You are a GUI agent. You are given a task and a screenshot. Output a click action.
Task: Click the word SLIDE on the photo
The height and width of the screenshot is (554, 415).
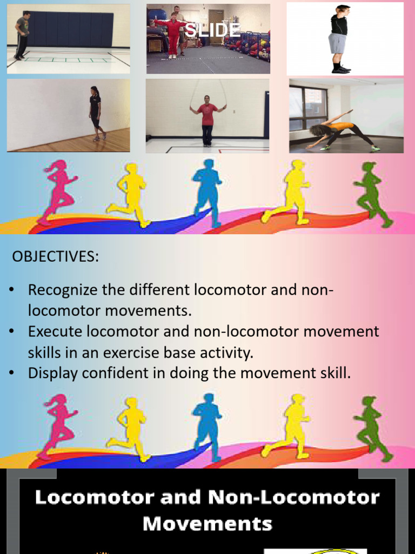212,30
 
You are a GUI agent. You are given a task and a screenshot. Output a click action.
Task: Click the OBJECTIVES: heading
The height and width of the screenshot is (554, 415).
55,256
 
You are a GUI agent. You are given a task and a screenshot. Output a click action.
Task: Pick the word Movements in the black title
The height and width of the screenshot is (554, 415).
207,523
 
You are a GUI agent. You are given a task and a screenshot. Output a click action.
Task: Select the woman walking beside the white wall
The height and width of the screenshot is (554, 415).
96,113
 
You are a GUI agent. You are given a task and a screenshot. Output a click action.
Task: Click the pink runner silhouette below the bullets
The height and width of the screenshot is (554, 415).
58,425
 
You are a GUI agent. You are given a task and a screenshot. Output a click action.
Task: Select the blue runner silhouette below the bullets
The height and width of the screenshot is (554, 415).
207,425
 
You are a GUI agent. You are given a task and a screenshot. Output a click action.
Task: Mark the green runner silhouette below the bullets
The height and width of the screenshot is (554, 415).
372,427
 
